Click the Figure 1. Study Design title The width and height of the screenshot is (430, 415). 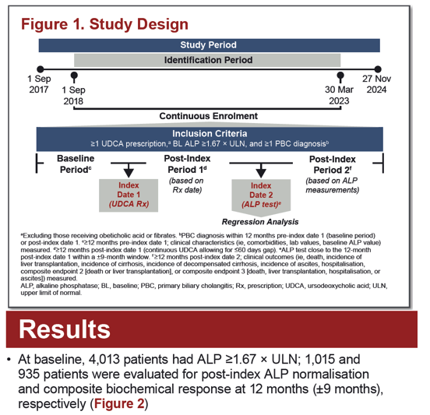(x=104, y=24)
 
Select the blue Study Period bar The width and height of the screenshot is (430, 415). (x=210, y=45)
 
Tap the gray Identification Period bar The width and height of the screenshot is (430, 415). (x=207, y=60)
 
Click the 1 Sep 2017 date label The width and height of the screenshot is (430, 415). (x=39, y=84)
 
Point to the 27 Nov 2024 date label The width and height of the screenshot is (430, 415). (x=376, y=84)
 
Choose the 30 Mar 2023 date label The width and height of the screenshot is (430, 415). (x=339, y=96)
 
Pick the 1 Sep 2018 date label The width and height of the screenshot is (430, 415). (x=73, y=96)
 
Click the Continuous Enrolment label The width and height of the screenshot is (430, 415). (x=209, y=116)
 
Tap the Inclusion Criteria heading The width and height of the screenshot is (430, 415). (x=210, y=134)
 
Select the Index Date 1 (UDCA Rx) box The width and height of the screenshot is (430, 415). (x=129, y=195)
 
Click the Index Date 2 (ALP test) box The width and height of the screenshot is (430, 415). (x=261, y=196)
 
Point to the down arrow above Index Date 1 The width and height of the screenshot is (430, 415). (x=129, y=171)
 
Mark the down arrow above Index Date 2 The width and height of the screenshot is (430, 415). (x=261, y=171)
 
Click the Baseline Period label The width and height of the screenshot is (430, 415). (x=76, y=164)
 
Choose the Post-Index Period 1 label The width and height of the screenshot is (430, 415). (x=187, y=164)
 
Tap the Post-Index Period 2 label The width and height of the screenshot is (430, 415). (x=333, y=165)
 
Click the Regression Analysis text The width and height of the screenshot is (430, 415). (x=260, y=222)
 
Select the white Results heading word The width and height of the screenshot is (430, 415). (x=65, y=329)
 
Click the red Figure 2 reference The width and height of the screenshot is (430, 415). (x=119, y=404)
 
